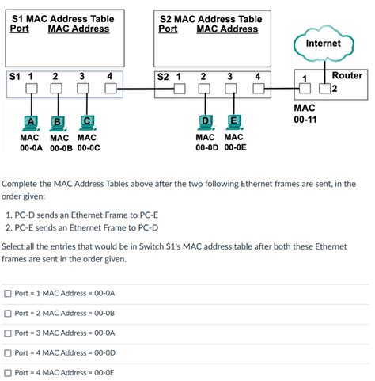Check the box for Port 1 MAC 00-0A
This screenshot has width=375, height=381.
click(x=7, y=293)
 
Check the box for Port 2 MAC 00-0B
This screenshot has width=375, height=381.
click(x=7, y=313)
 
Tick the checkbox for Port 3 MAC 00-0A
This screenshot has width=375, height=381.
click(x=7, y=333)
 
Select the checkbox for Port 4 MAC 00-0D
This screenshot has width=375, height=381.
click(x=7, y=352)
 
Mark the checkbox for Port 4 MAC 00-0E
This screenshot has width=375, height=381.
click(x=7, y=372)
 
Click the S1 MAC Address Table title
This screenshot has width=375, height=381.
click(x=62, y=18)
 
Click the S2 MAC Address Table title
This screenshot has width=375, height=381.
click(x=210, y=18)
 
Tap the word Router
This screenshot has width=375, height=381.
click(x=347, y=75)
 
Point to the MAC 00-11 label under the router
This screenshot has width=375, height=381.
click(x=305, y=113)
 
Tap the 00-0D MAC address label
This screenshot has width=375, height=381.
click(x=207, y=147)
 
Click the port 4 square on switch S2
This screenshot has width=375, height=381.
click(x=258, y=89)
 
